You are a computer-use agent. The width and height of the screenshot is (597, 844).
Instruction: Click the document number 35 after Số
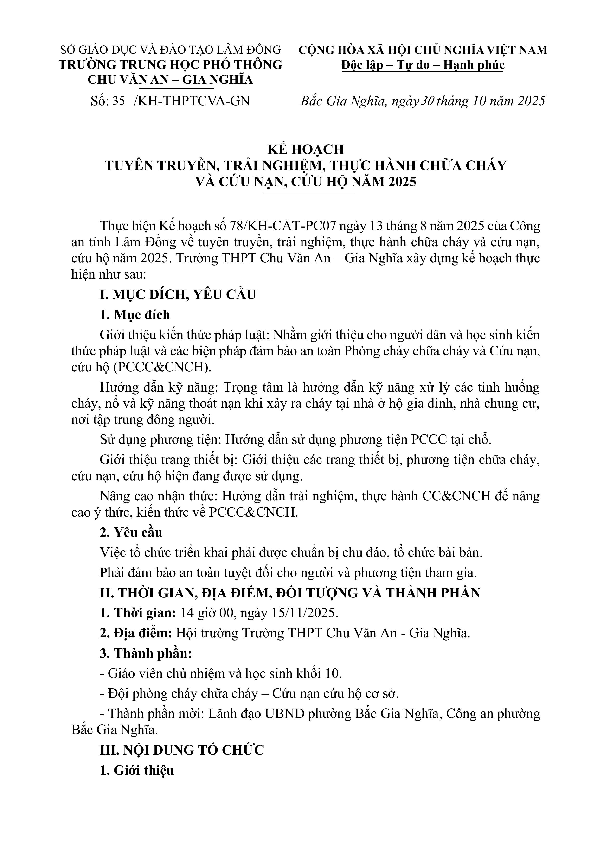tap(119, 101)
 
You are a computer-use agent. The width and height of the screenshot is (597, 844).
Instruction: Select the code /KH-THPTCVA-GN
tap(192, 101)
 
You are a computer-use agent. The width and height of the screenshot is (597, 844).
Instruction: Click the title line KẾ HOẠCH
tap(305, 149)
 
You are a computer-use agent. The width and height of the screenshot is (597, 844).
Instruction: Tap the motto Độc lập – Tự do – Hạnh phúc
tap(423, 65)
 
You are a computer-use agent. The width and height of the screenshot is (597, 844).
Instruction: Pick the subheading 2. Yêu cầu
tap(131, 533)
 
